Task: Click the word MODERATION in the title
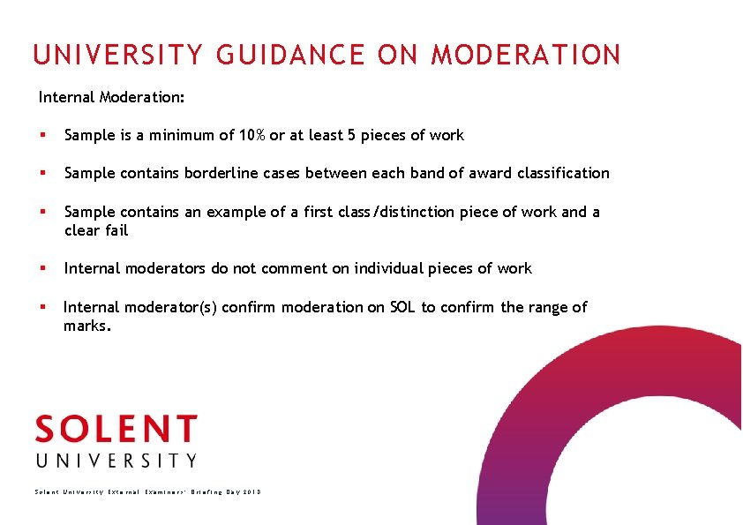click(x=526, y=56)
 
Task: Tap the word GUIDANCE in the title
click(x=289, y=56)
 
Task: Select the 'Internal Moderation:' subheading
click(x=111, y=96)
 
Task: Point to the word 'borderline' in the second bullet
click(x=220, y=173)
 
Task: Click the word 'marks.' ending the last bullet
click(x=87, y=326)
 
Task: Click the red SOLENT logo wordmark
click(x=116, y=430)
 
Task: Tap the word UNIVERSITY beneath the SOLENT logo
click(x=116, y=461)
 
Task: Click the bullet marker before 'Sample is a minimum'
click(x=42, y=136)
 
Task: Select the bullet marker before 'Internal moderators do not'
click(x=42, y=269)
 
